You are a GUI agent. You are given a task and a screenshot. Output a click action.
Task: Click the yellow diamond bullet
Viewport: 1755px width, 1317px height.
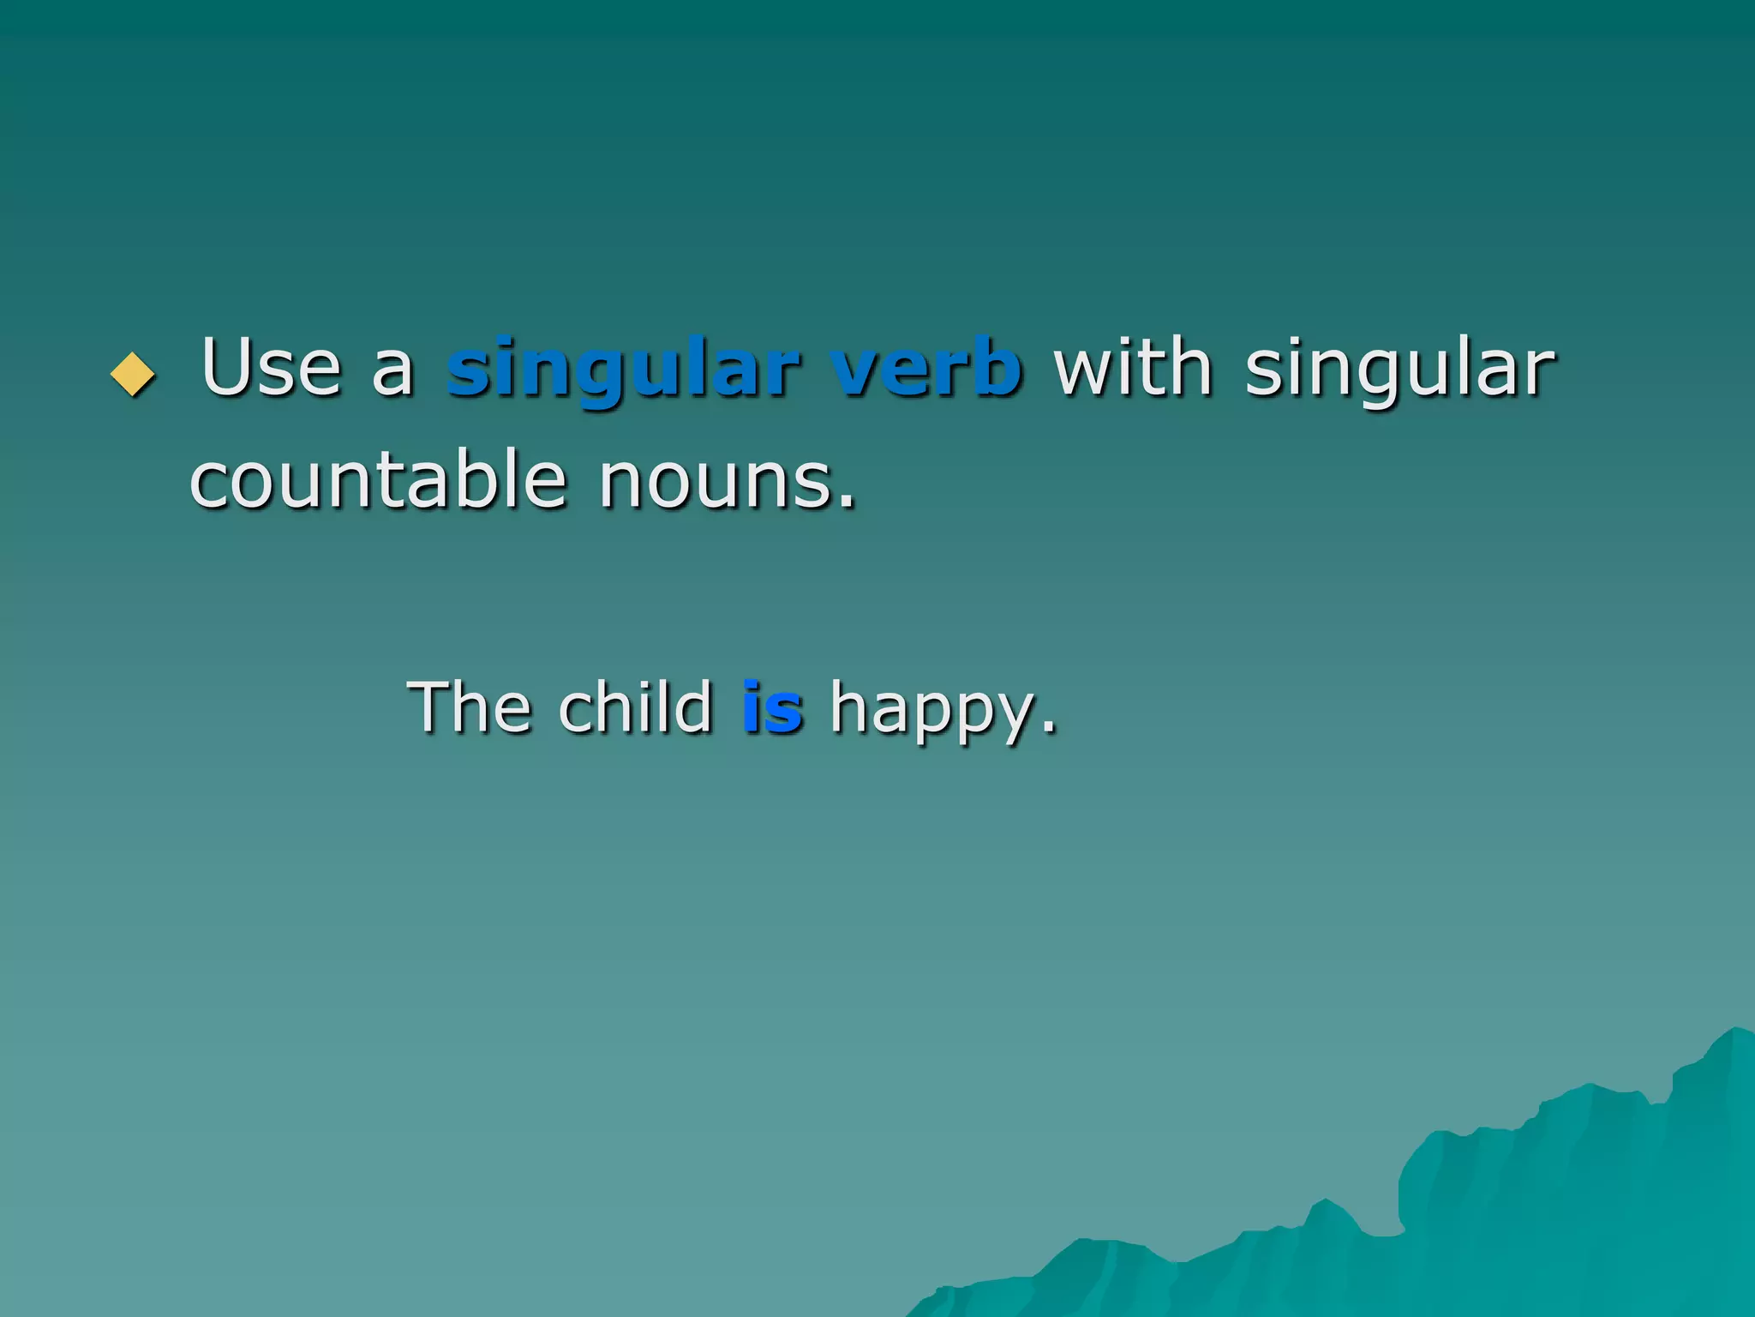pyautogui.click(x=134, y=375)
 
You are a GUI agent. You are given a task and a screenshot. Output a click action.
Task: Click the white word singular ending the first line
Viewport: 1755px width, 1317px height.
pyautogui.click(x=1399, y=370)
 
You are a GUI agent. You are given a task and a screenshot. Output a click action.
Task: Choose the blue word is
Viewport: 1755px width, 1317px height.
pyautogui.click(x=772, y=708)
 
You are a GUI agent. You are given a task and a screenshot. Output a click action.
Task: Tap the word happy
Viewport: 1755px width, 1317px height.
pyautogui.click(x=931, y=712)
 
